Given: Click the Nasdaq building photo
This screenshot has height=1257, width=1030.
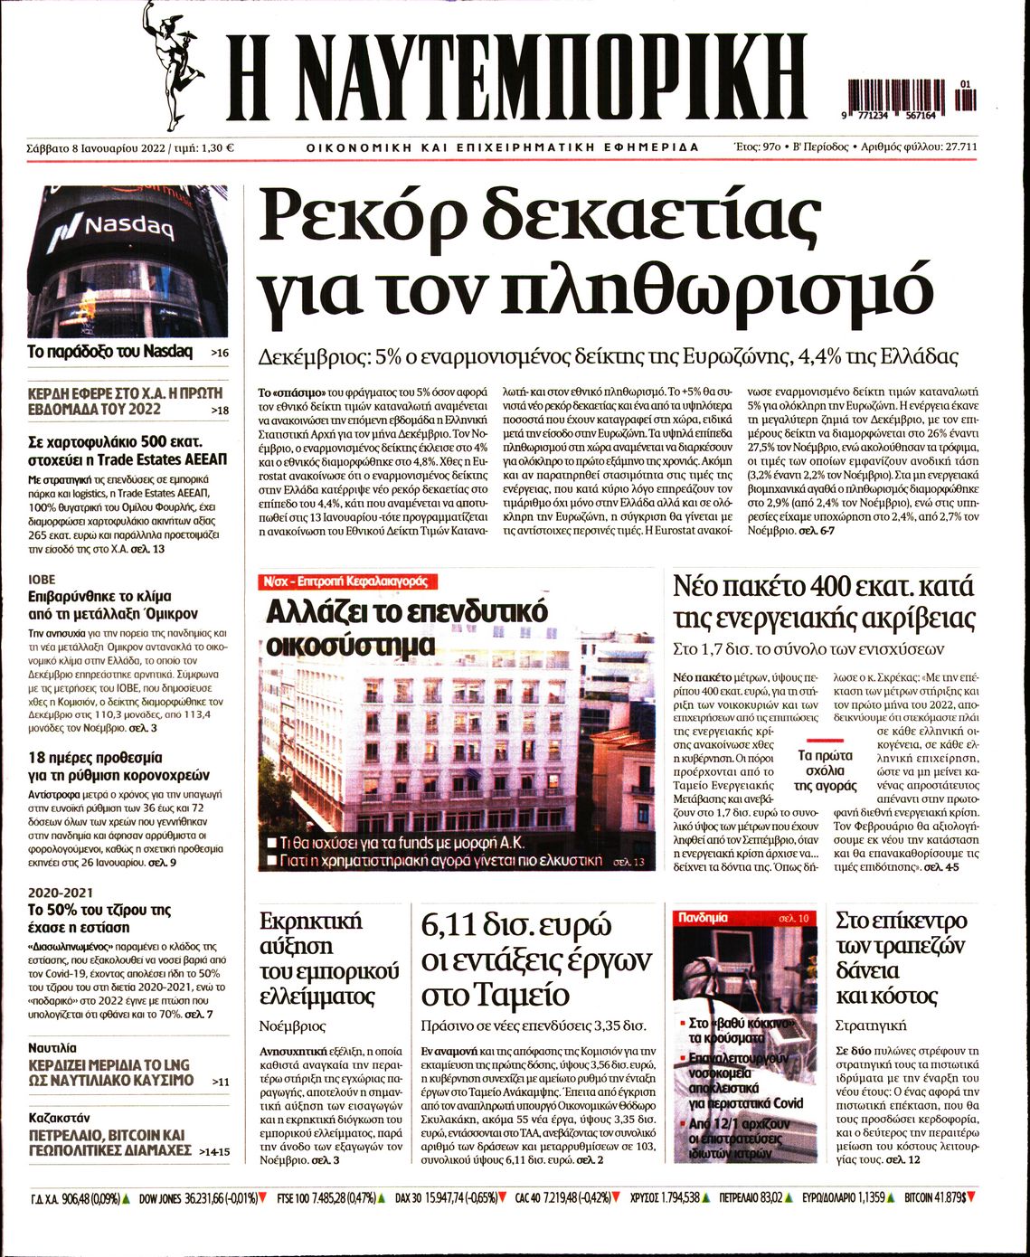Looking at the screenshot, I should (128, 261).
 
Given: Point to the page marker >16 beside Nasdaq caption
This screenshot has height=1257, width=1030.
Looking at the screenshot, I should (219, 353).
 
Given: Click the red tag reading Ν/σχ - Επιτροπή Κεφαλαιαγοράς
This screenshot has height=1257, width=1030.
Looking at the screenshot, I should (346, 581).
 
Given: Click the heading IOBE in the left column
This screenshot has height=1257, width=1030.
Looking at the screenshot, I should (42, 579).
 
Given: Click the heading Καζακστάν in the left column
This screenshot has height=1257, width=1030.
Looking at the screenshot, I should (60, 1117).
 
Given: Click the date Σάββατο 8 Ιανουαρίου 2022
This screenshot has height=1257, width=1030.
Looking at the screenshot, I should (96, 147).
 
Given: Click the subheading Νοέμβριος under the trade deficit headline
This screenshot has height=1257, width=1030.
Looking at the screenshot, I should (292, 1026).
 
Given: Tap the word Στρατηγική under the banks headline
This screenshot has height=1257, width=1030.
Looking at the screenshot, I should (871, 1026).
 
